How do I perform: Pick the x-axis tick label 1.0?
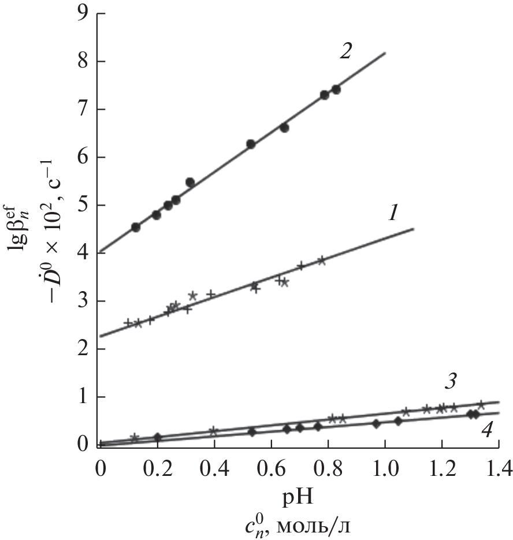pyautogui.click(x=384, y=465)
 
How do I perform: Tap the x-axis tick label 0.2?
pyautogui.click(x=157, y=465)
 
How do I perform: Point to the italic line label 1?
pyautogui.click(x=392, y=215)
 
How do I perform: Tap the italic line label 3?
pyautogui.click(x=451, y=381)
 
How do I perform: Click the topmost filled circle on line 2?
pyautogui.click(x=336, y=90)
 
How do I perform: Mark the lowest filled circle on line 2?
pyautogui.click(x=136, y=228)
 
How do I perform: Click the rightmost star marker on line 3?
pyautogui.click(x=481, y=405)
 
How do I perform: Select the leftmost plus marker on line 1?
pyautogui.click(x=128, y=322)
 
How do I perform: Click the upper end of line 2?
pyautogui.click(x=385, y=53)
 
